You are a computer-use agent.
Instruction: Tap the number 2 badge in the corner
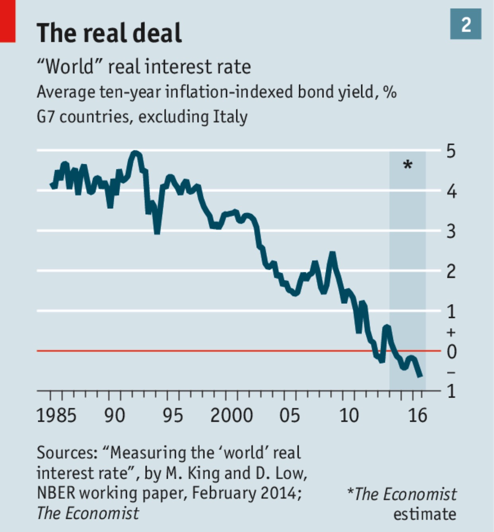pos(465,25)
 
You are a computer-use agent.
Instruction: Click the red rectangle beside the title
pos(8,21)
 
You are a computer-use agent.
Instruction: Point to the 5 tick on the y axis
pos(451,151)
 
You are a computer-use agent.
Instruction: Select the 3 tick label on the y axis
pos(451,231)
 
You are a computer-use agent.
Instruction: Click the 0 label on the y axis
pos(451,351)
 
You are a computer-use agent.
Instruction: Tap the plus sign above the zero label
pos(451,332)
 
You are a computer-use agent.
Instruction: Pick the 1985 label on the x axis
pos(56,416)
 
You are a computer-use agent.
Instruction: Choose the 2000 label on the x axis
pos(231,416)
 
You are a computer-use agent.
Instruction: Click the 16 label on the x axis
pos(418,416)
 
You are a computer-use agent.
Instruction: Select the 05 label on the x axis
pos(289,416)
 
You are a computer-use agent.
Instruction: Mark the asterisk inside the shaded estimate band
pos(408,164)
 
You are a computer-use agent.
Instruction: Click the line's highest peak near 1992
pos(135,153)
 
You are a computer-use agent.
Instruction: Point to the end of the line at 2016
pos(420,375)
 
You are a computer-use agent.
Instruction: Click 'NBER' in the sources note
pos(56,493)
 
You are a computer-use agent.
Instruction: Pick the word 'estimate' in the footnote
pos(424,514)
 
